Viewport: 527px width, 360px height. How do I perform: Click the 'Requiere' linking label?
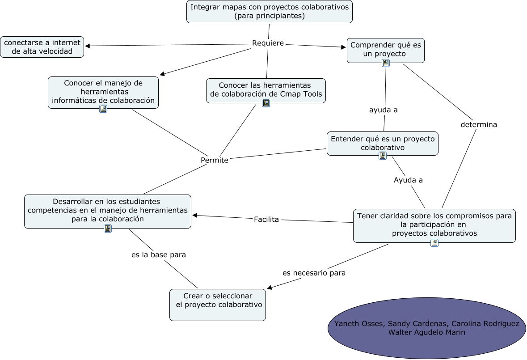coord(268,43)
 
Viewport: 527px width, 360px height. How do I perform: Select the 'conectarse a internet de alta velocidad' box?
coord(42,47)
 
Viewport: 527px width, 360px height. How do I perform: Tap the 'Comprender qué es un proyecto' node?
coord(385,49)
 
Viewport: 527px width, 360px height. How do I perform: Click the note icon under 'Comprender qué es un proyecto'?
coord(386,63)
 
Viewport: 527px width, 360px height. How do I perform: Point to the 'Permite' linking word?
coord(215,160)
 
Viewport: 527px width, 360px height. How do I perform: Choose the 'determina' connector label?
coord(479,125)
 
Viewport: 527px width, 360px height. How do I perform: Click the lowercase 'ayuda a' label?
coord(383,110)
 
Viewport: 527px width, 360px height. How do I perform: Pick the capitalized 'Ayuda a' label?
coord(408,180)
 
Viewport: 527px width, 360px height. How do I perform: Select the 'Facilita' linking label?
coord(266,219)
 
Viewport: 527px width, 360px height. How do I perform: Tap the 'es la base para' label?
coord(159,254)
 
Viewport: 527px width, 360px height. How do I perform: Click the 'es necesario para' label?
coord(314,273)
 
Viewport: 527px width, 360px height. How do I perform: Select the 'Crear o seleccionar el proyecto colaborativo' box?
coord(218,305)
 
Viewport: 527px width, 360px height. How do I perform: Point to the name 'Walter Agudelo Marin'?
coord(426,332)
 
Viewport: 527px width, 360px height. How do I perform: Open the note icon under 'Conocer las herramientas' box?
coord(266,103)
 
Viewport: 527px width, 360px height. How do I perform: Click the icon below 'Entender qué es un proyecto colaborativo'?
coord(383,156)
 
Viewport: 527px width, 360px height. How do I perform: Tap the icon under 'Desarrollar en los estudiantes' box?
coord(108,229)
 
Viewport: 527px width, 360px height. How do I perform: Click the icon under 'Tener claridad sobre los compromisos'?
coord(434,243)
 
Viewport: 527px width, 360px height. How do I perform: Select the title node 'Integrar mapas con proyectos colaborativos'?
coord(270,11)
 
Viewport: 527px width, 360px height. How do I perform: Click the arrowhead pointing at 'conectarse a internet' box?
coord(88,46)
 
